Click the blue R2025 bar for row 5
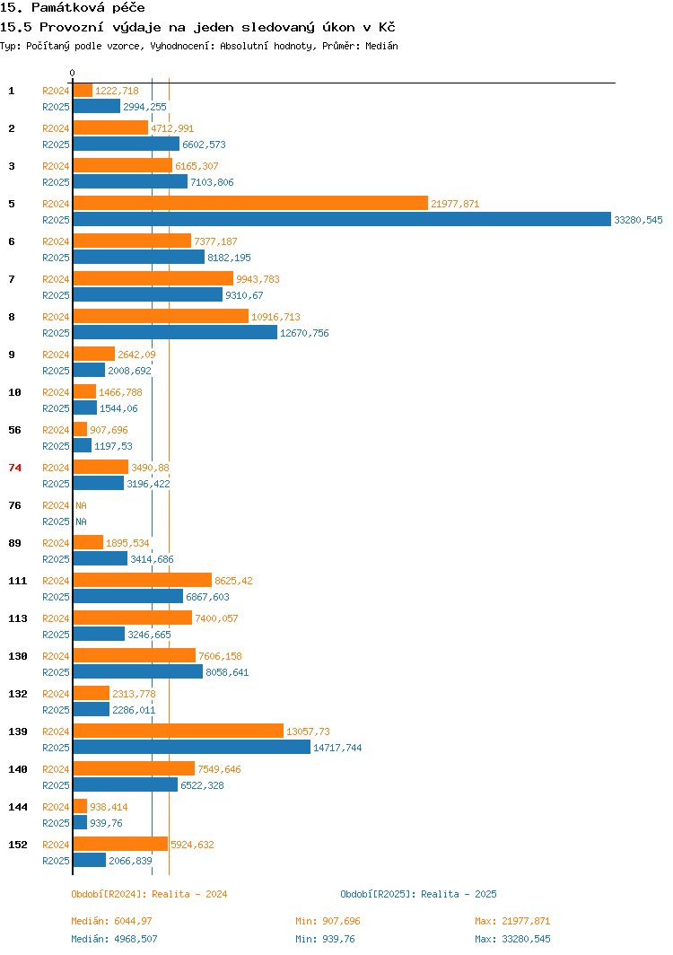pyautogui.click(x=341, y=220)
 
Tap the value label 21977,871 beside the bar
pyautogui.click(x=455, y=205)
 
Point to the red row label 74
pyautogui.click(x=14, y=468)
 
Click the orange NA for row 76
pyautogui.click(x=81, y=505)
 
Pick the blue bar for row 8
pyautogui.click(x=175, y=333)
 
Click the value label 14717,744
pyautogui.click(x=337, y=748)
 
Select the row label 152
pyautogui.click(x=17, y=845)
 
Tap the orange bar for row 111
pyautogui.click(x=142, y=581)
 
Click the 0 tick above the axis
pyautogui.click(x=73, y=74)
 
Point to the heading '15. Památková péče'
pyautogui.click(x=73, y=8)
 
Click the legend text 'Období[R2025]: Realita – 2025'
pyautogui.click(x=418, y=894)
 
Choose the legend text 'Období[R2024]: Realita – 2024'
pyautogui.click(x=149, y=894)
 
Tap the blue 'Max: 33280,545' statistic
pyautogui.click(x=512, y=939)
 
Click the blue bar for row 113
pyautogui.click(x=99, y=635)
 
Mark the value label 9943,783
pyautogui.click(x=258, y=279)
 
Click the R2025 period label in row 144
pyautogui.click(x=56, y=823)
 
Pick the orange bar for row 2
pyautogui.click(x=110, y=128)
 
